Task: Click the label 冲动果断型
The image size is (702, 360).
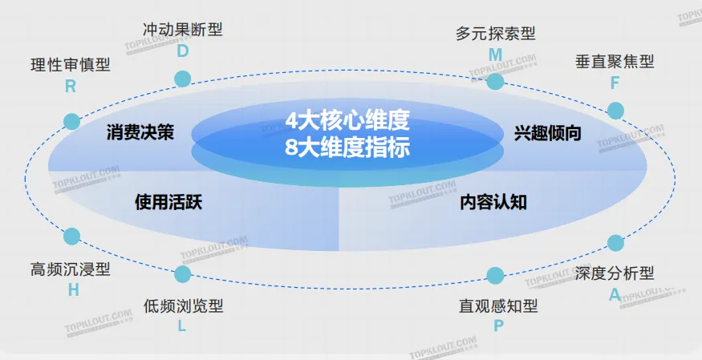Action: (x=183, y=30)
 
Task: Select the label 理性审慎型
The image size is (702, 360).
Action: (x=71, y=65)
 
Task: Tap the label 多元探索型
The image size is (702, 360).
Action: (x=495, y=34)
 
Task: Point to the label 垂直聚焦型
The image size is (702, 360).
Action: (x=615, y=61)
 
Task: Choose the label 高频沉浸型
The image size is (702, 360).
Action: (x=71, y=269)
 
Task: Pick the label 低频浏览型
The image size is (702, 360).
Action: (x=183, y=305)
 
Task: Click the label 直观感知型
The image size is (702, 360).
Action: (x=498, y=305)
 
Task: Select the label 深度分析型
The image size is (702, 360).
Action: (x=615, y=273)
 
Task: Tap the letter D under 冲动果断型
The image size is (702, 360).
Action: (x=183, y=51)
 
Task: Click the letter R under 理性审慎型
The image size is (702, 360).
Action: (x=71, y=87)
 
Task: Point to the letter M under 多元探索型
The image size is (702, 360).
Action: (x=495, y=55)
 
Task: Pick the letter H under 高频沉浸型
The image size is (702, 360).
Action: (x=73, y=290)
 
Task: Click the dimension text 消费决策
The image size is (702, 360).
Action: (x=140, y=133)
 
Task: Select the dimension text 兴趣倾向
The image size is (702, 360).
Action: (x=548, y=133)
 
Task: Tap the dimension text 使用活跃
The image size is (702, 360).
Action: (x=168, y=202)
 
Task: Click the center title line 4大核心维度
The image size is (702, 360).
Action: (x=347, y=121)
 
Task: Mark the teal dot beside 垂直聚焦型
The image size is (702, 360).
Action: (x=615, y=111)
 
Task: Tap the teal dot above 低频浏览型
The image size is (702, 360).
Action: (x=183, y=274)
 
